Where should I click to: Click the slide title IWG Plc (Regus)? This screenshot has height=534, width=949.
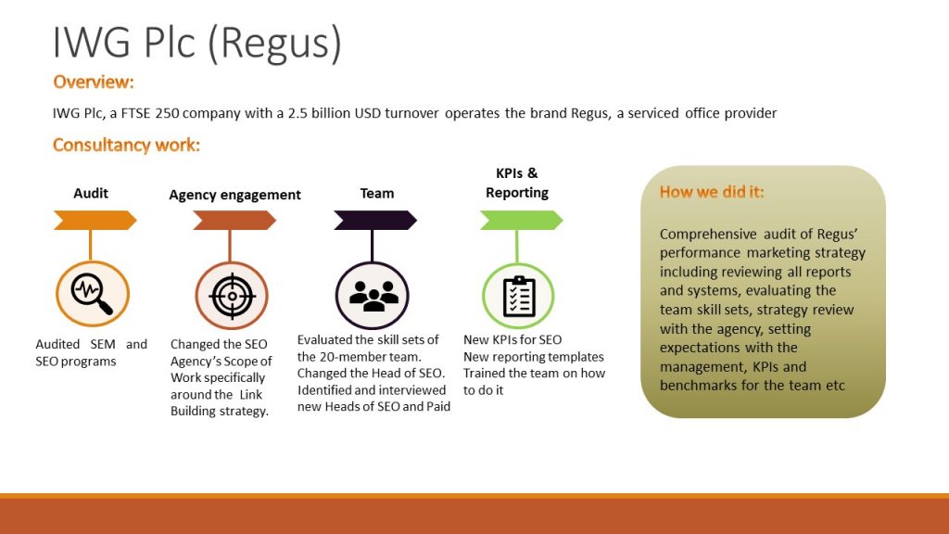[x=196, y=44]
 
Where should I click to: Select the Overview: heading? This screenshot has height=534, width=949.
[x=94, y=82]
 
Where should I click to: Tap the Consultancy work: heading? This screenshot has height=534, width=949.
[x=126, y=145]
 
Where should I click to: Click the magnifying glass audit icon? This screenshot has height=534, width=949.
[x=92, y=294]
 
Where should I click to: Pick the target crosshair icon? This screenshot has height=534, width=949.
[x=232, y=296]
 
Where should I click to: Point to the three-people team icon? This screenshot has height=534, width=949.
[x=373, y=296]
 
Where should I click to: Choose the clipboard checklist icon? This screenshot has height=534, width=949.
[x=519, y=296]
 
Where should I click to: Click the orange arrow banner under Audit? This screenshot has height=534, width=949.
[x=95, y=220]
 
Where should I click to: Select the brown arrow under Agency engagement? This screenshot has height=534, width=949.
[x=234, y=220]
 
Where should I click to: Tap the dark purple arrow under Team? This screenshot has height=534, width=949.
[x=375, y=220]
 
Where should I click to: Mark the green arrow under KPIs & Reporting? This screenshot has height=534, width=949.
[x=521, y=220]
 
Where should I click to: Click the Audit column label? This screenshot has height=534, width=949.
[x=91, y=193]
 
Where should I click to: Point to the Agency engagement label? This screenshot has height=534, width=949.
[x=234, y=195]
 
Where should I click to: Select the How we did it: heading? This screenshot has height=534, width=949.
[x=712, y=192]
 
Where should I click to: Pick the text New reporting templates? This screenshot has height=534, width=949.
[x=533, y=357]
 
